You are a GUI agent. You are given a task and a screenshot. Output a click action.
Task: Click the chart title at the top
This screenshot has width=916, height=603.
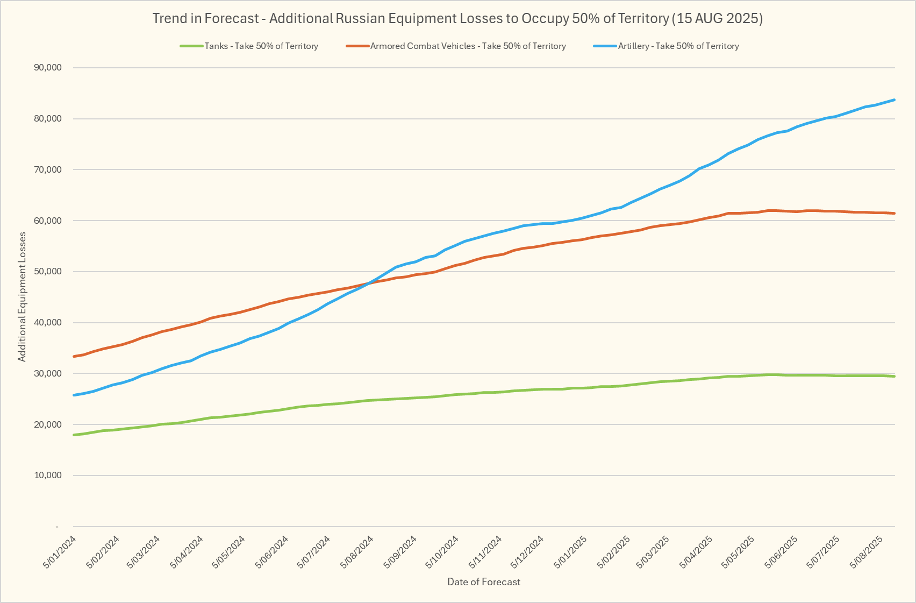[457, 18]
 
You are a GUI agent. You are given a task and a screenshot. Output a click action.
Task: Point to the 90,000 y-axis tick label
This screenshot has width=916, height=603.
[47, 68]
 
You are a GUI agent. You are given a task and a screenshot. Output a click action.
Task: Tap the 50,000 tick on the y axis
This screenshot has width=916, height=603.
[47, 272]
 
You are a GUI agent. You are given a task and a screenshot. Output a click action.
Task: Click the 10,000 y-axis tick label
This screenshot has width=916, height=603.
[47, 476]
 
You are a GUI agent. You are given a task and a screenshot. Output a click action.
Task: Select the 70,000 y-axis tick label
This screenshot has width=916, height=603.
[47, 170]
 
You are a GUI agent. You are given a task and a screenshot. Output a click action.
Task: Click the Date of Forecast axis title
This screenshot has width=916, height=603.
[484, 581]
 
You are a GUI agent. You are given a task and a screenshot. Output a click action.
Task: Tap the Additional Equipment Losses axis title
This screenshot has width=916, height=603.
[22, 297]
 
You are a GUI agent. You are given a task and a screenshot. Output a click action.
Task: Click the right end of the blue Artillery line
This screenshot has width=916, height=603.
[894, 100]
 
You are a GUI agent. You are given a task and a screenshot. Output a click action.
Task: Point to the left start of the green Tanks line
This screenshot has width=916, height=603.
[74, 435]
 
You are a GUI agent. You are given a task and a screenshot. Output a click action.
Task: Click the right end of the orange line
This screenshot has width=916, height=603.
[894, 214]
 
